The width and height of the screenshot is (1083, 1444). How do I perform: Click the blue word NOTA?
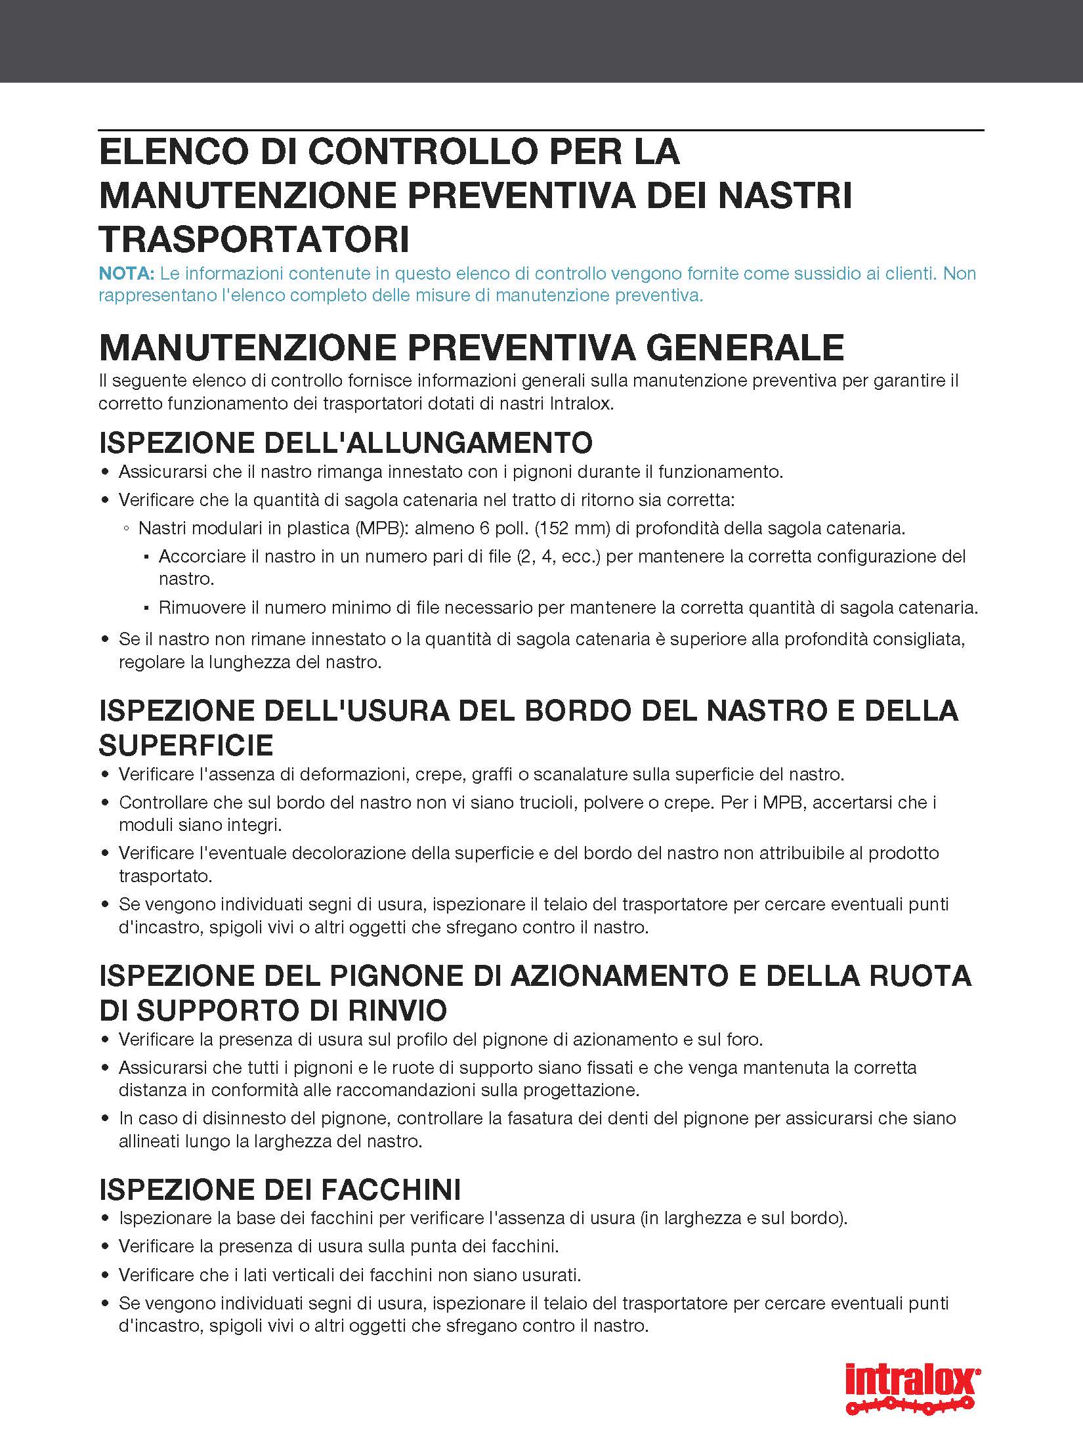(x=127, y=273)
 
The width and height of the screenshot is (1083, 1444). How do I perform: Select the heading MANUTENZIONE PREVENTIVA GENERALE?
(x=471, y=347)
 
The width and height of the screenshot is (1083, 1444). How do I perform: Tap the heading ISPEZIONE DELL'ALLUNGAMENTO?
(x=345, y=442)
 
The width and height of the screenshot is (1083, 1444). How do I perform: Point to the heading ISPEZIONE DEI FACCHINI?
(x=280, y=1189)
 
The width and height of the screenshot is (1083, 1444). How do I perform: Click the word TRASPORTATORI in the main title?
(x=254, y=240)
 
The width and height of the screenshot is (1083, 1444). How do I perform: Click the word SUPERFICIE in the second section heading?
(x=186, y=745)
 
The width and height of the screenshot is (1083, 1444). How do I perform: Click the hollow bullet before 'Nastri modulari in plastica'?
(x=126, y=528)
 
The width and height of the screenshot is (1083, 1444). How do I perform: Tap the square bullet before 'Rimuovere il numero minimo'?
(x=146, y=608)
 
